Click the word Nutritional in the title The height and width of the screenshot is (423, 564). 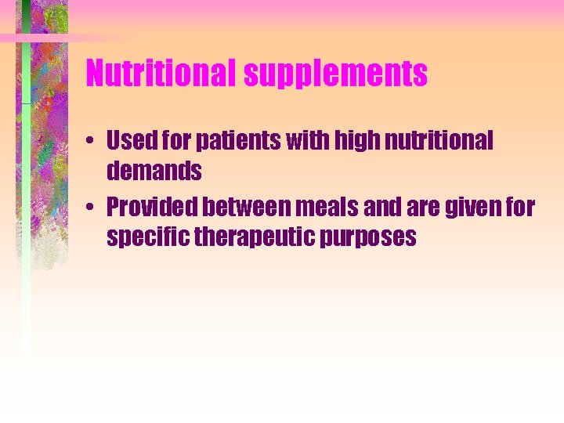point(161,74)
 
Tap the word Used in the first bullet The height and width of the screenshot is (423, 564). point(130,141)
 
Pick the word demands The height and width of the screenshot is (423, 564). point(154,170)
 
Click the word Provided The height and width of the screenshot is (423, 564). point(154,208)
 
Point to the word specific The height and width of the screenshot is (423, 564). point(146,237)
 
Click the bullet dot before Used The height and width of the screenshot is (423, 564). point(92,142)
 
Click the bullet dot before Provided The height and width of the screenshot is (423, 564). point(92,208)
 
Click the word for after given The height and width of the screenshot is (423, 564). point(520,208)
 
